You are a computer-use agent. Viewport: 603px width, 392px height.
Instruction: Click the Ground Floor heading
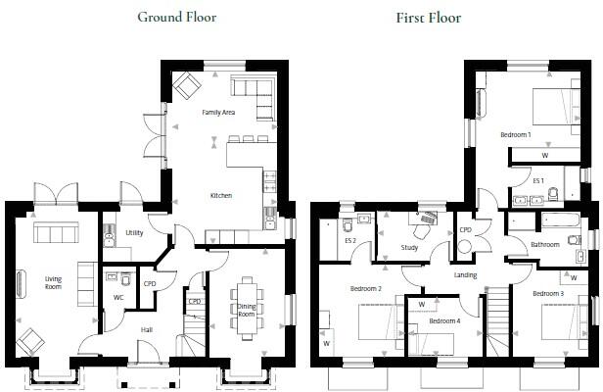[177, 17]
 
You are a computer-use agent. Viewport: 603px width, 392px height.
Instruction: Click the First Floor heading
[428, 17]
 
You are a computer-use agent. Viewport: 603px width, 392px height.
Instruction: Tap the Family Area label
[218, 113]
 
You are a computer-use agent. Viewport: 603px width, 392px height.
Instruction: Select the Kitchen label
[221, 196]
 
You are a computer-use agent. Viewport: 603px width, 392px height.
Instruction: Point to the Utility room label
[134, 233]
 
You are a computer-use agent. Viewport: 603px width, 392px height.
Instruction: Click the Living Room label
[53, 283]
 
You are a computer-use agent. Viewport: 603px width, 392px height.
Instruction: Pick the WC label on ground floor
[118, 297]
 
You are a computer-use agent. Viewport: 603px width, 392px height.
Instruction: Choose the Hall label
[146, 329]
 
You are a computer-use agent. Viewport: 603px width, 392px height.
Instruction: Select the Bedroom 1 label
[515, 133]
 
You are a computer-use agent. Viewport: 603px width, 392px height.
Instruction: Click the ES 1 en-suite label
[537, 180]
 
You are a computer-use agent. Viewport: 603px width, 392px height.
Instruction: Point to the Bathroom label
[545, 244]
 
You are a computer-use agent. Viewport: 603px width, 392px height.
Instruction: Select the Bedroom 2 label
[366, 289]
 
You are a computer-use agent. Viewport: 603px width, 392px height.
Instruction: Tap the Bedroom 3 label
[548, 293]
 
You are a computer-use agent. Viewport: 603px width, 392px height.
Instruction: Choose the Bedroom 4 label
[443, 320]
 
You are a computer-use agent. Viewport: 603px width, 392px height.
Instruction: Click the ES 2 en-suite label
[350, 240]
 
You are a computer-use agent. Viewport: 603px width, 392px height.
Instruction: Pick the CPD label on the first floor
[465, 230]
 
